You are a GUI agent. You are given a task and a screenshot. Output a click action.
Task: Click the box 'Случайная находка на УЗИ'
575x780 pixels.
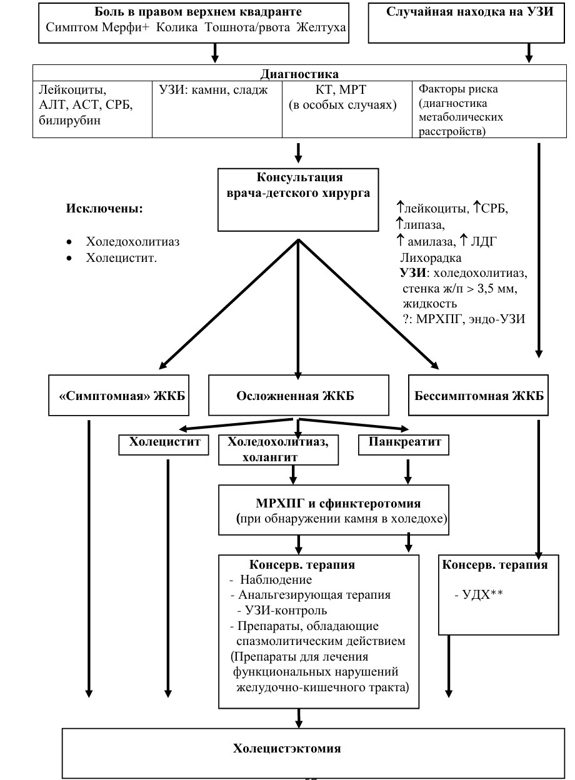click(x=466, y=23)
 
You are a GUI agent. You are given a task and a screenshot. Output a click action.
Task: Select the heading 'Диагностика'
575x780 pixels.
click(x=299, y=74)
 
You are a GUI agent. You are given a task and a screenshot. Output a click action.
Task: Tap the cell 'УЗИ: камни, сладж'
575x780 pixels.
click(x=217, y=109)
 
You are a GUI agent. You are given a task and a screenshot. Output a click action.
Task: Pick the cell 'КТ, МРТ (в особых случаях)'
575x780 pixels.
click(x=347, y=109)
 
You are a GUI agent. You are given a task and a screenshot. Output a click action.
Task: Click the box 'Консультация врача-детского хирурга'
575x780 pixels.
click(x=298, y=200)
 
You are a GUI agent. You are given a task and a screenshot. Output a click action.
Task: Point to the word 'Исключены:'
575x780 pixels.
click(x=104, y=209)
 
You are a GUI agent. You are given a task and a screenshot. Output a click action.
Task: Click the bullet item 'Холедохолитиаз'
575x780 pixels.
click(x=132, y=242)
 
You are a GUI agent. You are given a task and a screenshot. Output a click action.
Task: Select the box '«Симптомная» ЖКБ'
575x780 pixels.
click(x=119, y=395)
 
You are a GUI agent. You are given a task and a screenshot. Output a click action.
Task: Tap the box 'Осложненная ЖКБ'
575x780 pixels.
click(x=299, y=395)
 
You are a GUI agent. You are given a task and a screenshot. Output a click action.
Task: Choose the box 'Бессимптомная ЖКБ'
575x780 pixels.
click(x=478, y=395)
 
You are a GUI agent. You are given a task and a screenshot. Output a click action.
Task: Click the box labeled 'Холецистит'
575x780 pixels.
click(x=164, y=444)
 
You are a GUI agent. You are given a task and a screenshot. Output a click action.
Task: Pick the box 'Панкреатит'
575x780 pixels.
click(x=404, y=444)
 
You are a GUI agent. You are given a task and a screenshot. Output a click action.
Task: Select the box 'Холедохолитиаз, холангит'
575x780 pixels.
click(x=278, y=449)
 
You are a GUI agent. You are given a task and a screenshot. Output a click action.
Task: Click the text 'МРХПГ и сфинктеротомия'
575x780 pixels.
click(x=338, y=503)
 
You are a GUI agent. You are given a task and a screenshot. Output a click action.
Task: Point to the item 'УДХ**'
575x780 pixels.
click(x=479, y=594)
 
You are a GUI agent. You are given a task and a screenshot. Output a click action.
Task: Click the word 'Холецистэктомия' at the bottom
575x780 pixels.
click(x=287, y=748)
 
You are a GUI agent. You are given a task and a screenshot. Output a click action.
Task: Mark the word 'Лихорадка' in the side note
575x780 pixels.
click(x=431, y=257)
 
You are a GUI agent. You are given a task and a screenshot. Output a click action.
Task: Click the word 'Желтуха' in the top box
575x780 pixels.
click(x=321, y=27)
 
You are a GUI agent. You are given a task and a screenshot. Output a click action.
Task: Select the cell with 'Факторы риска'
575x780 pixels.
click(x=489, y=109)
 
